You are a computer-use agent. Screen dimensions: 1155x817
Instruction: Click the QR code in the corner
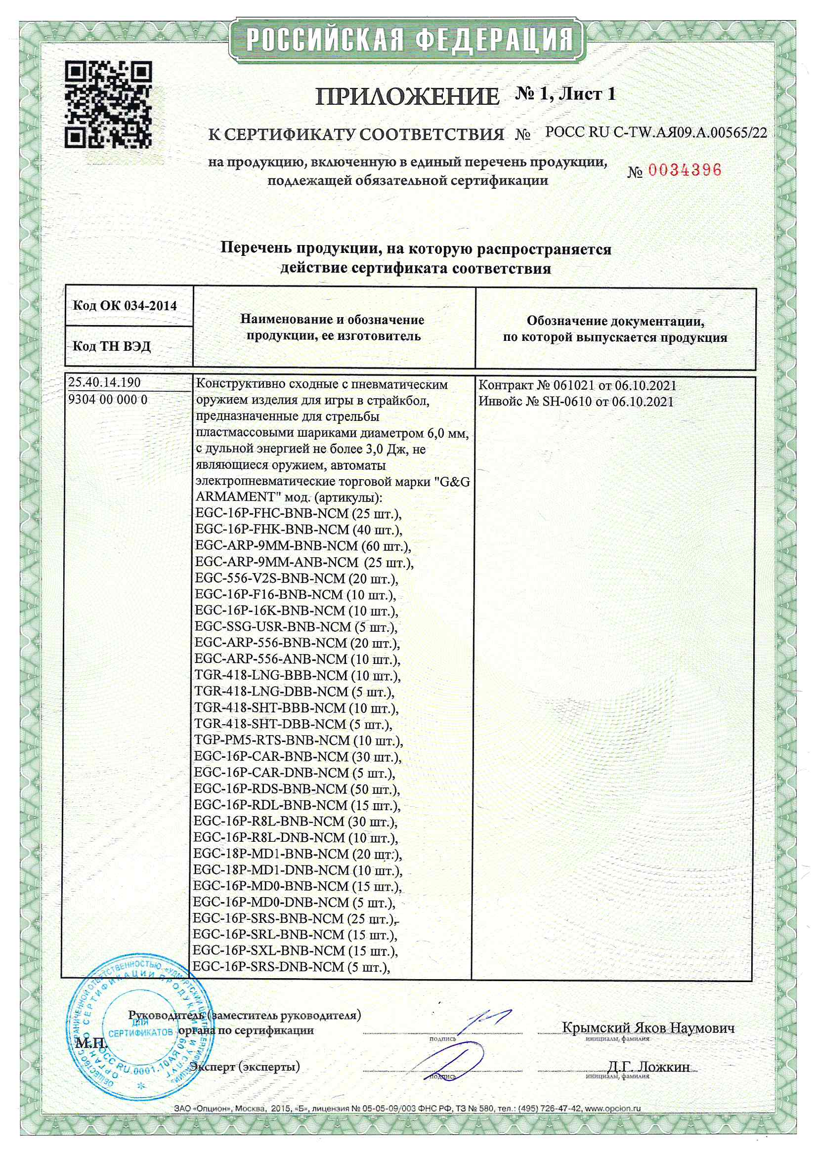click(x=108, y=104)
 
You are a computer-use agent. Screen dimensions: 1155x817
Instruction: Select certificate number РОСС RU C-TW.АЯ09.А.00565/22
click(x=656, y=133)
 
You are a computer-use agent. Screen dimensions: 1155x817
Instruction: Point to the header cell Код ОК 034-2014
click(x=125, y=306)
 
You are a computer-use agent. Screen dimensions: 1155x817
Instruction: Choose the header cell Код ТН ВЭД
click(x=112, y=346)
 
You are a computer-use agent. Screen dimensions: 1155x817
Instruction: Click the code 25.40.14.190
click(x=105, y=382)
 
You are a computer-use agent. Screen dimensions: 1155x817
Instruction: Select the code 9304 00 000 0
click(x=108, y=400)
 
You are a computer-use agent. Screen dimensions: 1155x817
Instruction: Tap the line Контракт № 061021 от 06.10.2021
click(x=577, y=386)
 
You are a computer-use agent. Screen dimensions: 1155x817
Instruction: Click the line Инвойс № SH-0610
click(x=575, y=402)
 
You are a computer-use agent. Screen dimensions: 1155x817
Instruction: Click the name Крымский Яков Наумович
click(x=648, y=1028)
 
